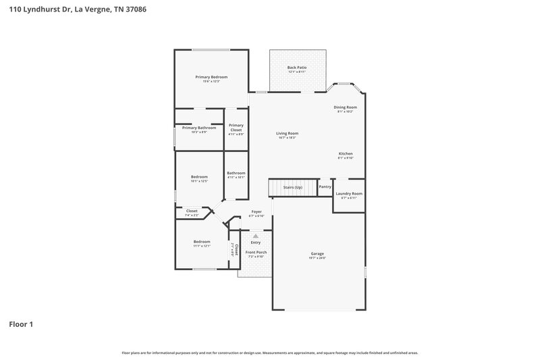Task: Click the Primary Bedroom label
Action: click(x=211, y=77)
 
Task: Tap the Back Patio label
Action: click(x=297, y=68)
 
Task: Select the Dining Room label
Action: click(x=345, y=107)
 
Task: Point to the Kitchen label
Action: click(x=346, y=154)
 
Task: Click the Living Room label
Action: click(x=287, y=134)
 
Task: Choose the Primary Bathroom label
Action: click(x=199, y=128)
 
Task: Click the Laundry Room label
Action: click(x=349, y=194)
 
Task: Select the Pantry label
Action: click(x=325, y=186)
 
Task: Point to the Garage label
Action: click(x=317, y=254)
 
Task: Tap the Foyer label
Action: click(x=256, y=212)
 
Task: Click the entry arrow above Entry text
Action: click(x=255, y=236)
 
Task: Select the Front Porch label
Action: click(x=257, y=253)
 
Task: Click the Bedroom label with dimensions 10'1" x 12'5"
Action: click(x=198, y=177)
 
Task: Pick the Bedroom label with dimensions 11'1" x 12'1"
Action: click(x=202, y=242)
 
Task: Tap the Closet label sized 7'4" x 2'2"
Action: click(x=192, y=211)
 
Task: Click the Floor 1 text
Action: click(x=20, y=324)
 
